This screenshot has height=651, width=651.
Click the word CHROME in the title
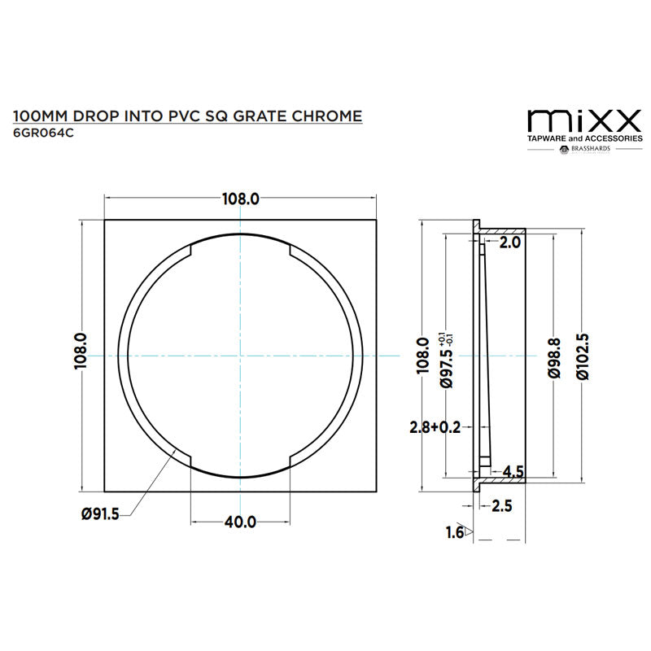point(325,116)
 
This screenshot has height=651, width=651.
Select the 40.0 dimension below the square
point(240,521)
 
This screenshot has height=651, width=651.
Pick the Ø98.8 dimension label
point(553,356)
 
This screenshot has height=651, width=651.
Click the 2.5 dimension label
point(502,506)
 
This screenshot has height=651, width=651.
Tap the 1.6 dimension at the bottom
point(454,532)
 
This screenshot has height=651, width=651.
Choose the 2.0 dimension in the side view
point(509,242)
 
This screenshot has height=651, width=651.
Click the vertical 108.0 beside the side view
point(422,356)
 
